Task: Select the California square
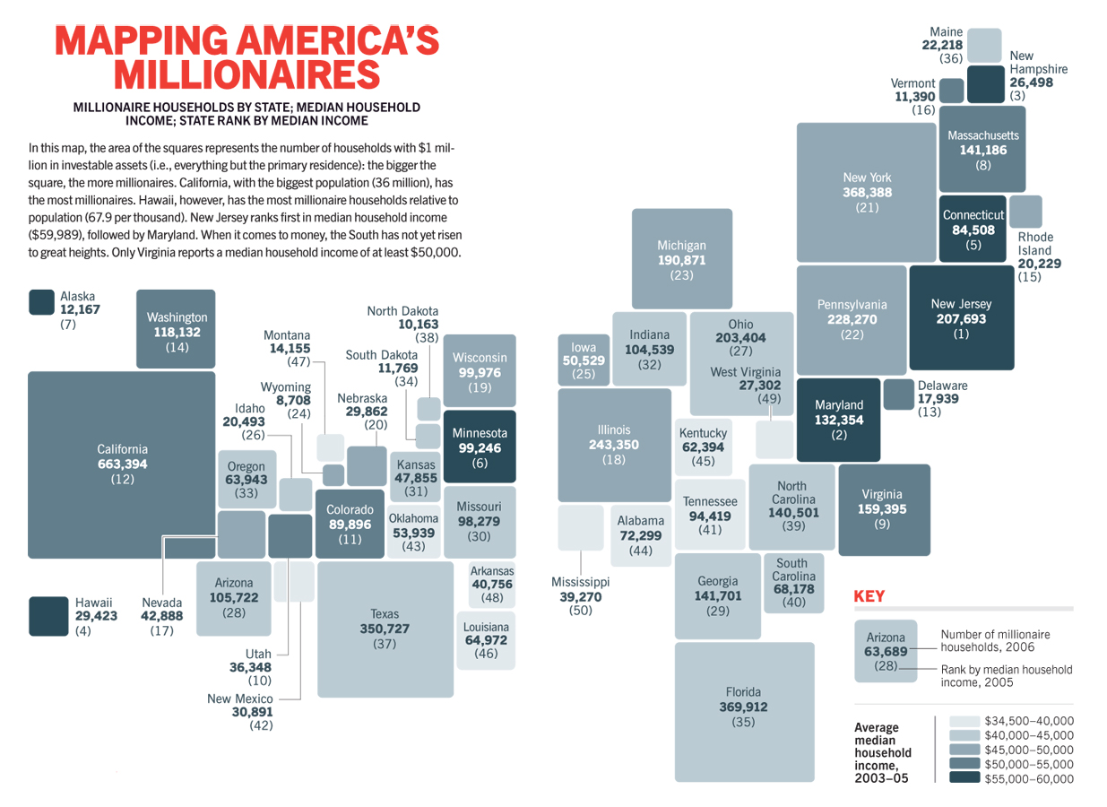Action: [122, 464]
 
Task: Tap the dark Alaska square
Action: [41, 302]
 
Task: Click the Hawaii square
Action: [48, 616]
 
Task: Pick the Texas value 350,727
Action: [385, 629]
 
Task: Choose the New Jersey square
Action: [961, 318]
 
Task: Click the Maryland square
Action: [839, 419]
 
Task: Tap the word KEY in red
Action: [869, 595]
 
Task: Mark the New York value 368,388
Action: [867, 193]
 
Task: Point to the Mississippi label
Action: [580, 582]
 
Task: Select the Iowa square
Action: [583, 360]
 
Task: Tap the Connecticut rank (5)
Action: [973, 244]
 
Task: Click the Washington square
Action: [176, 329]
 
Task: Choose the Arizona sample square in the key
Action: [886, 651]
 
